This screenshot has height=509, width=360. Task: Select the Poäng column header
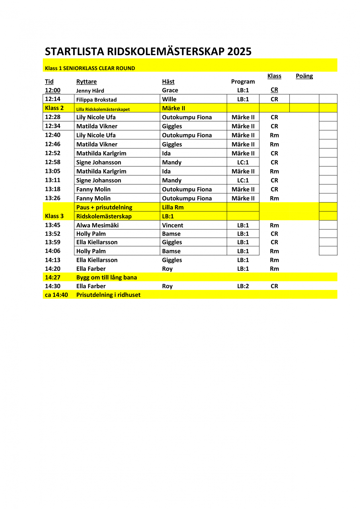pyautogui.click(x=304, y=76)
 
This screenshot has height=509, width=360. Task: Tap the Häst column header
pyautogui.click(x=168, y=81)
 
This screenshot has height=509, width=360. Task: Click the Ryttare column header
pyautogui.click(x=86, y=81)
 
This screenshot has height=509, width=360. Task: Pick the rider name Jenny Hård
pyautogui.click(x=90, y=91)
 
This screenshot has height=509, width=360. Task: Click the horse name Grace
pyautogui.click(x=170, y=90)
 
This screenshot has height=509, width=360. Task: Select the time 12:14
pyautogui.click(x=53, y=99)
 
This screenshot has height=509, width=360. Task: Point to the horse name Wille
pyautogui.click(x=169, y=99)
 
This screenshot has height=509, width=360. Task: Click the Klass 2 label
pyautogui.click(x=54, y=108)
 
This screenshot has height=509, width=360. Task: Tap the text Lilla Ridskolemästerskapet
pyautogui.click(x=103, y=109)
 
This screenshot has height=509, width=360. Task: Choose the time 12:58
pyautogui.click(x=53, y=162)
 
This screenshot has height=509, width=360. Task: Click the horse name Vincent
pyautogui.click(x=173, y=225)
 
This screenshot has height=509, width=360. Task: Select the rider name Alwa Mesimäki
pyautogui.click(x=97, y=225)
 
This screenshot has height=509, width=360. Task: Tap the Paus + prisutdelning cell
pyautogui.click(x=104, y=207)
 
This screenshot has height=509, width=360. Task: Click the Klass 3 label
pyautogui.click(x=54, y=216)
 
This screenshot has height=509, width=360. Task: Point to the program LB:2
pyautogui.click(x=243, y=286)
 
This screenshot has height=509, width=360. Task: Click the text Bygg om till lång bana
pyautogui.click(x=106, y=277)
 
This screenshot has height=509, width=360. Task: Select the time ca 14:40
pyautogui.click(x=56, y=295)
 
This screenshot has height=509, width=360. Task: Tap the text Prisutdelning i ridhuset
pyautogui.click(x=108, y=295)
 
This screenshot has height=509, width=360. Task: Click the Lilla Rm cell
pyautogui.click(x=173, y=207)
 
